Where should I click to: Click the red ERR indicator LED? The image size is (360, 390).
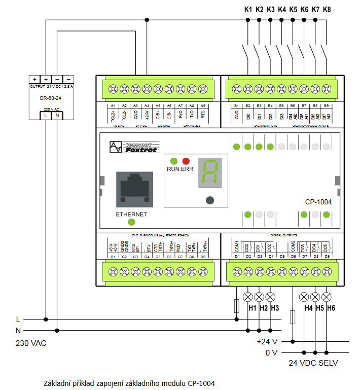[186, 160]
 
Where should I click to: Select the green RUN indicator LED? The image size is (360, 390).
[174, 160]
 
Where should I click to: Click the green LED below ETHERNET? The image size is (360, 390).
[131, 222]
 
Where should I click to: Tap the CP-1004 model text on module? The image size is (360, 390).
[318, 202]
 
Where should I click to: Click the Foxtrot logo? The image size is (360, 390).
[134, 147]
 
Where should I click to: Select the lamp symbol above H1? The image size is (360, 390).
[248, 297]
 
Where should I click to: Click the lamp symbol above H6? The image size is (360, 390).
[327, 297]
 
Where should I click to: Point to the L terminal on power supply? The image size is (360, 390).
[46, 116]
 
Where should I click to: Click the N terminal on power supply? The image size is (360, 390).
[57, 116]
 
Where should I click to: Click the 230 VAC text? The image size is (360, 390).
[31, 343]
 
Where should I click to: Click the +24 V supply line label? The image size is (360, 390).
[267, 341]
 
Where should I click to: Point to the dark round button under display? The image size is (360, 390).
[210, 200]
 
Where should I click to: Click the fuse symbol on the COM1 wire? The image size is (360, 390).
[237, 306]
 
